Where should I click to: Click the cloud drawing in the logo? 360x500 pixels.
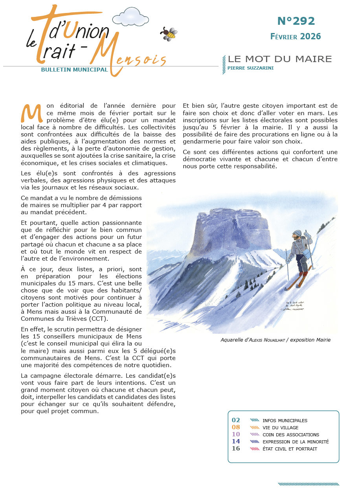pyautogui.click(x=130, y=17)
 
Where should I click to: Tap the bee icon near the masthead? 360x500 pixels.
pyautogui.click(x=169, y=34)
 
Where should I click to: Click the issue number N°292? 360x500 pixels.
pyautogui.click(x=296, y=21)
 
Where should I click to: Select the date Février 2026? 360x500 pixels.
pyautogui.click(x=296, y=37)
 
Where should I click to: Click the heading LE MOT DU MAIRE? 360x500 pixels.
pyautogui.click(x=280, y=59)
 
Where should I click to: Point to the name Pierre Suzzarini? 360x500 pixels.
pyautogui.click(x=250, y=68)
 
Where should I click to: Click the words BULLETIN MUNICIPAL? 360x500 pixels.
pyautogui.click(x=74, y=70)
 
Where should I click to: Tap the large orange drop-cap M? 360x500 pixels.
pyautogui.click(x=31, y=113)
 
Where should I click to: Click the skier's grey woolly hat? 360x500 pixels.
pyautogui.click(x=298, y=233)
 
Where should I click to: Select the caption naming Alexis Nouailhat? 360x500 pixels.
pyautogui.click(x=275, y=340)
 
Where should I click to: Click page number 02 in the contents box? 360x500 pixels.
pyautogui.click(x=236, y=420)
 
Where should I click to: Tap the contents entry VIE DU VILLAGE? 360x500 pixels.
pyautogui.click(x=280, y=428)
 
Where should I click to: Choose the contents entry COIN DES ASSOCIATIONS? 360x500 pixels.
pyautogui.click(x=290, y=435)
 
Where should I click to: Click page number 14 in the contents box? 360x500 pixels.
pyautogui.click(x=236, y=441)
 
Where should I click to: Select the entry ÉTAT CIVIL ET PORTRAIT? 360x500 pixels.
pyautogui.click(x=290, y=449)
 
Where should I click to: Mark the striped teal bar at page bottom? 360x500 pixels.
pyautogui.click(x=308, y=484)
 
